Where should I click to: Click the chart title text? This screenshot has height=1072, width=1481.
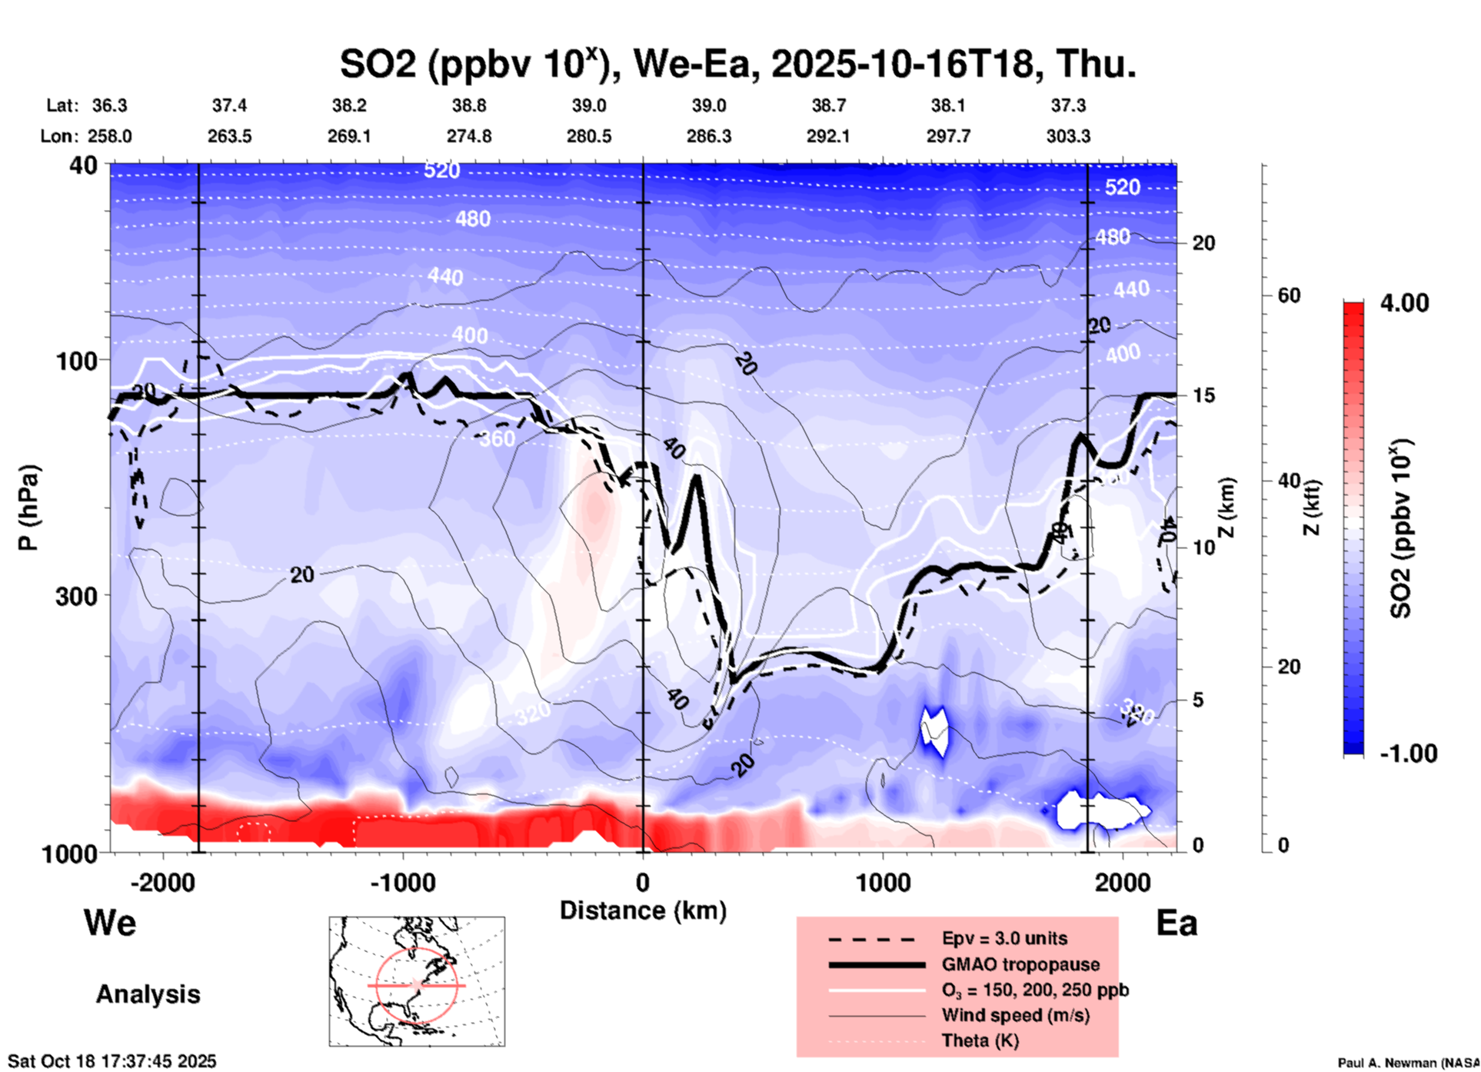(x=737, y=64)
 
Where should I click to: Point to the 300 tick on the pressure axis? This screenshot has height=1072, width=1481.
(x=77, y=595)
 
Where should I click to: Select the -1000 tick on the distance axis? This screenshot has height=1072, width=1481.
(x=402, y=882)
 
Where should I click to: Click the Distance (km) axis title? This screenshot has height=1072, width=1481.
(x=643, y=911)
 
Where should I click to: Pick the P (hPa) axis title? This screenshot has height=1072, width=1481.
(x=28, y=508)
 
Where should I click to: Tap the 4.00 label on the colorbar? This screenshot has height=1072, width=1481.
(x=1404, y=303)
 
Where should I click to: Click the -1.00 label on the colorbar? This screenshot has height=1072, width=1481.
(x=1408, y=754)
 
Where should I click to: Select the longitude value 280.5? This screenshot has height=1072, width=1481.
(x=589, y=136)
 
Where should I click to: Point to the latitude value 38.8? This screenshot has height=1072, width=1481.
(x=469, y=105)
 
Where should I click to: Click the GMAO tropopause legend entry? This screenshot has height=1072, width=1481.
(x=1020, y=964)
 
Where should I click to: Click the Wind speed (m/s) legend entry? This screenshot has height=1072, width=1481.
(x=1015, y=1015)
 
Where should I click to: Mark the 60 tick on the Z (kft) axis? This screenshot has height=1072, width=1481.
(x=1289, y=295)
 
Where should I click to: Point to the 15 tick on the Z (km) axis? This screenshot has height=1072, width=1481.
(x=1203, y=395)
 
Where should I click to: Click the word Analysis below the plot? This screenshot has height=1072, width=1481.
(x=148, y=994)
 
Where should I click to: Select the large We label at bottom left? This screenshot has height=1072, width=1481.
(x=110, y=923)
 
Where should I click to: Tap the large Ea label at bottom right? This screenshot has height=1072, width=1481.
(x=1176, y=923)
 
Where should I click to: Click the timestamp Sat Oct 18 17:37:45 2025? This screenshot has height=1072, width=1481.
(x=112, y=1061)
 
